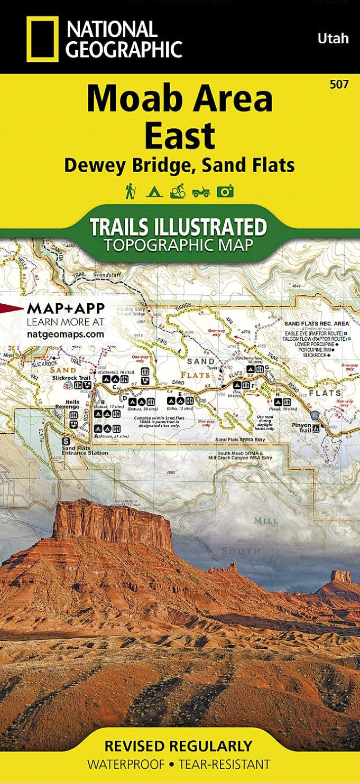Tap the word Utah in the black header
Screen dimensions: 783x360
333,38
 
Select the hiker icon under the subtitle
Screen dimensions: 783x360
130,191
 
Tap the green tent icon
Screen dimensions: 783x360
153,191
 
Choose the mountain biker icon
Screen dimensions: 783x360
177,191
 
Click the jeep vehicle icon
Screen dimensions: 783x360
201,192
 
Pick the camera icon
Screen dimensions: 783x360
225,191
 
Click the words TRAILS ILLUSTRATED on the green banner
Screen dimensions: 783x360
178,227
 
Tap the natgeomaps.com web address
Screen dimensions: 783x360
65,334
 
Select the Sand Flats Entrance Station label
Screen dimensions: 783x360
85,450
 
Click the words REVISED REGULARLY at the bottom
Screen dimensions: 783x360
178,746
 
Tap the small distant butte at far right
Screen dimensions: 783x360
341,576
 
